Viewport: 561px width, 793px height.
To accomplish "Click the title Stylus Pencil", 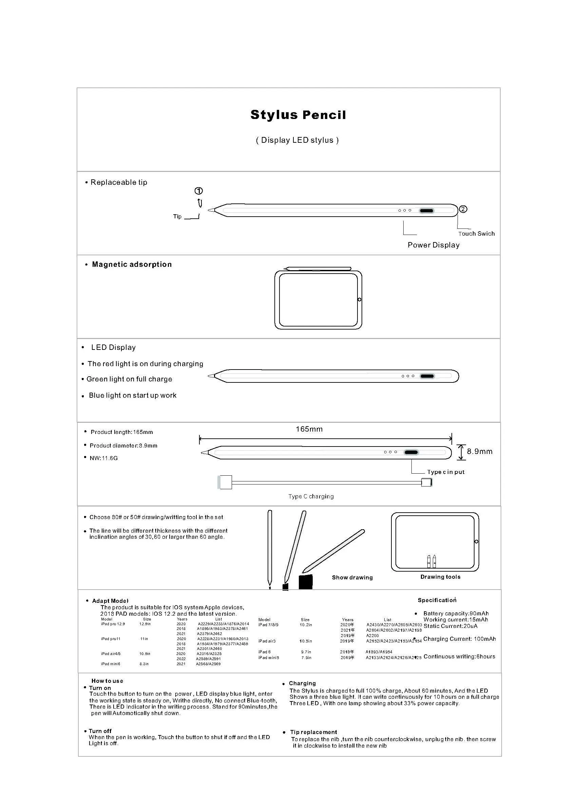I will coord(298,115).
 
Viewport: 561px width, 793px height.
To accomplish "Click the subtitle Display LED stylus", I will coord(297,140).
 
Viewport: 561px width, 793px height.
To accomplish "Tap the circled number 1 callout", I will coord(199,191).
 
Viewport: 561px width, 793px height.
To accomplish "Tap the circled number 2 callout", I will coord(463,209).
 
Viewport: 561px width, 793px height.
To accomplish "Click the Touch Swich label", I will coord(476,234).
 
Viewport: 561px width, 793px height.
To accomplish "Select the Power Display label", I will coord(433,245).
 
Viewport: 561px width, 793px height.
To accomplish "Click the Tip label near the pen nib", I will coord(177,216).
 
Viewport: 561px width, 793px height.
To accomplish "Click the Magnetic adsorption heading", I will coord(132,264).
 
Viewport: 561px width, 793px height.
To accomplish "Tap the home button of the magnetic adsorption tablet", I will coord(359,299).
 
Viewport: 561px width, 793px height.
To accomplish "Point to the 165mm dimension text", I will coord(309,429).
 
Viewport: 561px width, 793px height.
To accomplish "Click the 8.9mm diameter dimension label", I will coord(480,451).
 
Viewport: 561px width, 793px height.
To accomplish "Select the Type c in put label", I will coord(446,472).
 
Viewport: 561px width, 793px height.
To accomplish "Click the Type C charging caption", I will coord(311,496).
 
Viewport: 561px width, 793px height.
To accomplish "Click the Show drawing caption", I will coord(352,577).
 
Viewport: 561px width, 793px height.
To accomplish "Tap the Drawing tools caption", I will coord(440,577).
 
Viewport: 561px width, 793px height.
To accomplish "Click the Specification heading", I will coord(437,600).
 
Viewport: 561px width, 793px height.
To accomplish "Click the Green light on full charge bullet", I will coord(129,379).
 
